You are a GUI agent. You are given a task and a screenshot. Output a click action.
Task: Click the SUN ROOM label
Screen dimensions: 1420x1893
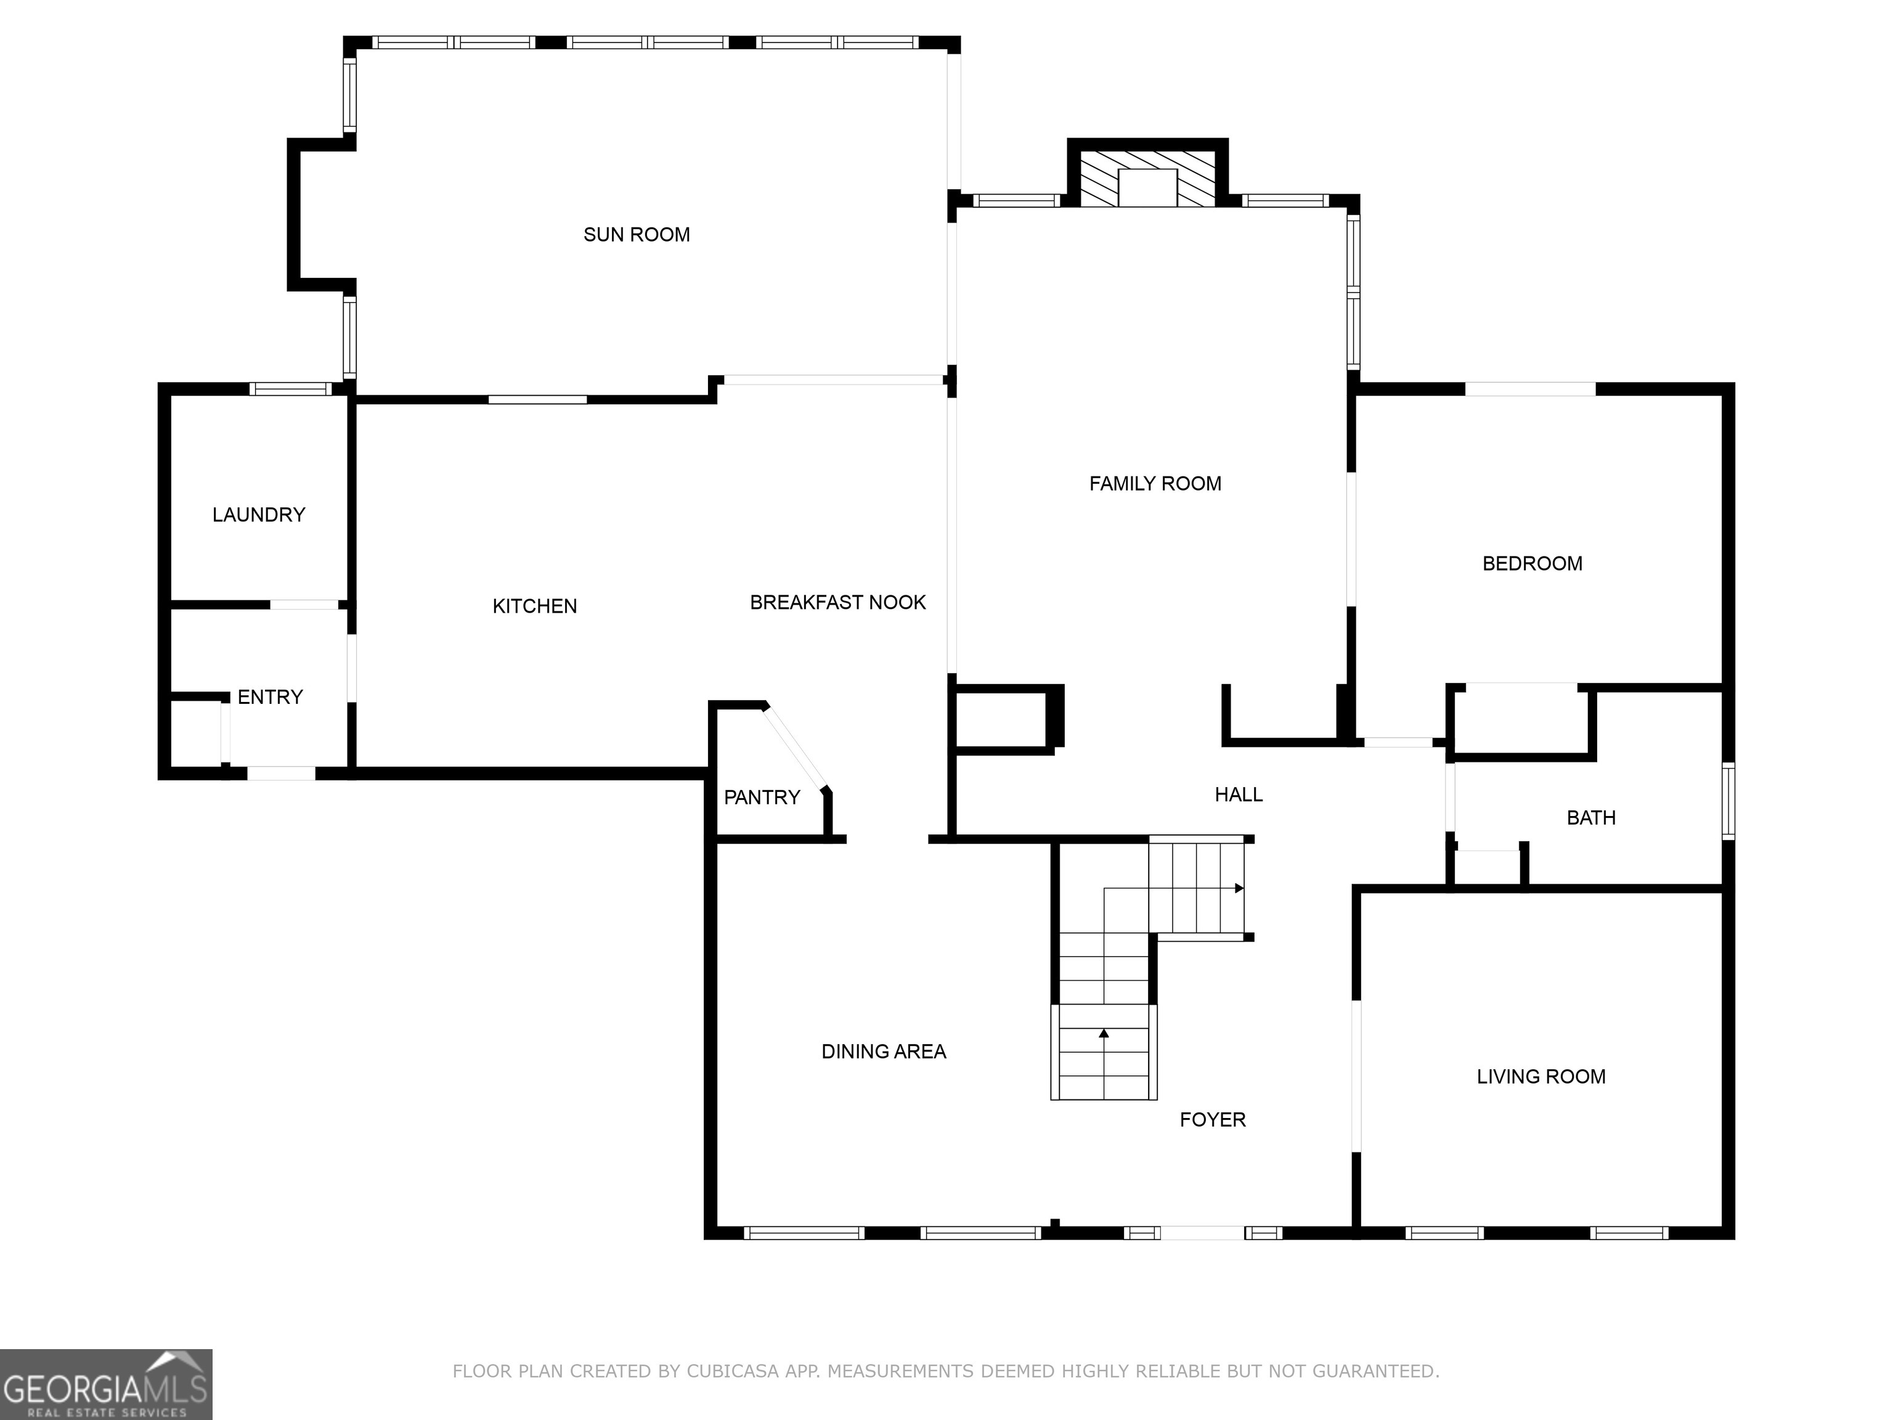[x=636, y=235]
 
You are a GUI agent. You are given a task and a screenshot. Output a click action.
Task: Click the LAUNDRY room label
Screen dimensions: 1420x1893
[x=258, y=515]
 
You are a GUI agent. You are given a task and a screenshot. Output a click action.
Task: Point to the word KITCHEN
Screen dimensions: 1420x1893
[x=534, y=606]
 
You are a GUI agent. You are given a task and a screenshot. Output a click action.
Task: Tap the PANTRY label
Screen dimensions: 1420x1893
[x=761, y=798]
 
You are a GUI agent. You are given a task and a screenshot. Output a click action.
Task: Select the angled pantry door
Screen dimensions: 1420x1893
[x=796, y=747]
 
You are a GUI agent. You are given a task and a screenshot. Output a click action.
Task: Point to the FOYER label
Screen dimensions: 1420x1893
[x=1212, y=1120]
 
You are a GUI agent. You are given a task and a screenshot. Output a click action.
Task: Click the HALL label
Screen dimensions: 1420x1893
[x=1239, y=794]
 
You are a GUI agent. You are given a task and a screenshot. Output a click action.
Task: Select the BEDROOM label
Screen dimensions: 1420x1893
[x=1532, y=563]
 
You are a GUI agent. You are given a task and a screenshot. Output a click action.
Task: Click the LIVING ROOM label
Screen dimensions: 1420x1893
[x=1541, y=1077]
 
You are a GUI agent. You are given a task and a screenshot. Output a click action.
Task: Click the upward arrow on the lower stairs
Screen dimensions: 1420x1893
[x=1104, y=1034]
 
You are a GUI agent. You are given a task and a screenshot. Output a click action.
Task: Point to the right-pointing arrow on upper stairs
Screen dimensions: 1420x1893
[x=1239, y=889]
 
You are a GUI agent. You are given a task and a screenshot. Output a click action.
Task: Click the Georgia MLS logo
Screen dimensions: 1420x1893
[x=105, y=1384]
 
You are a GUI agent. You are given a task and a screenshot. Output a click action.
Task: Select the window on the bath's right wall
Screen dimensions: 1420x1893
[x=1728, y=801]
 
